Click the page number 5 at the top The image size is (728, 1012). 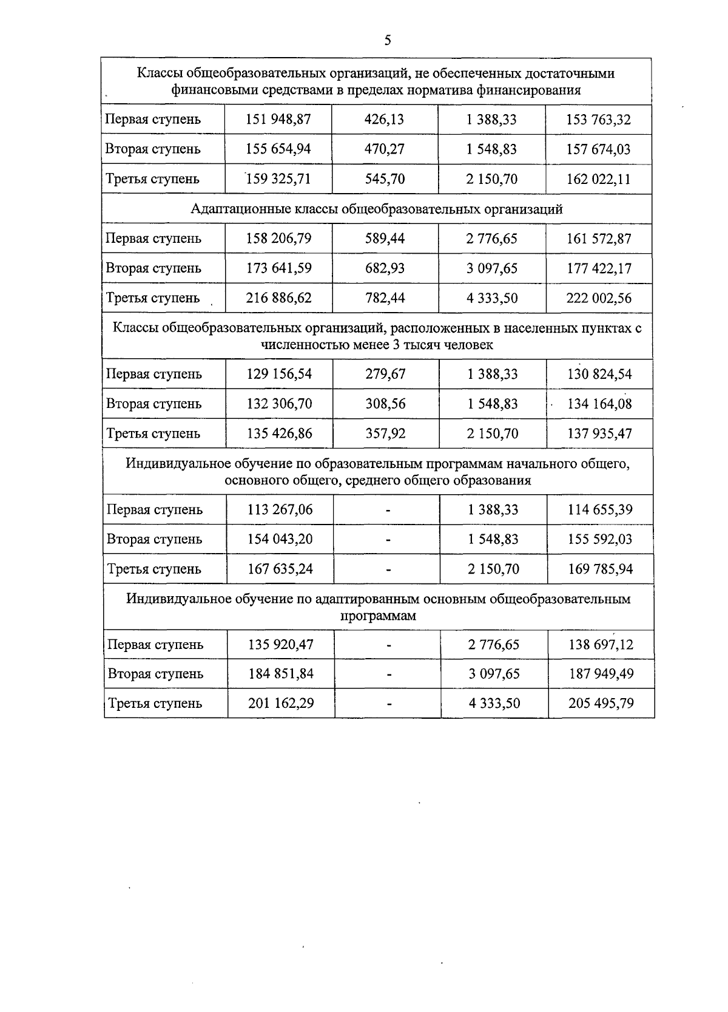[x=388, y=41]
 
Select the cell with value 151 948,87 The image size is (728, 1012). [x=278, y=120]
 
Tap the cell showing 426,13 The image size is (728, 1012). [x=384, y=120]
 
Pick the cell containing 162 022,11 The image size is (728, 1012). [x=598, y=179]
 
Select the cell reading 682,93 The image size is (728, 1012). [x=385, y=268]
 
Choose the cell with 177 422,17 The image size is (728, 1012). [x=599, y=268]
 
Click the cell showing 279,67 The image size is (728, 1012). [x=385, y=374]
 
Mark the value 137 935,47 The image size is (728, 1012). [x=599, y=433]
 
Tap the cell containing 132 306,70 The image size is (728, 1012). [x=279, y=404]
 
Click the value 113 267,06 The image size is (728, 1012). [x=280, y=509]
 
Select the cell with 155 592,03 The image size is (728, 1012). [x=600, y=539]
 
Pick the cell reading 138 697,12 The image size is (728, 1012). [x=601, y=644]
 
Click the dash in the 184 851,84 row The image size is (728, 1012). [x=389, y=674]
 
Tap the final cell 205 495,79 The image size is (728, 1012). [x=601, y=704]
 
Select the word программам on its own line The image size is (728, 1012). [x=379, y=616]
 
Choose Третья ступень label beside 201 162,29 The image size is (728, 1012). [x=155, y=704]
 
